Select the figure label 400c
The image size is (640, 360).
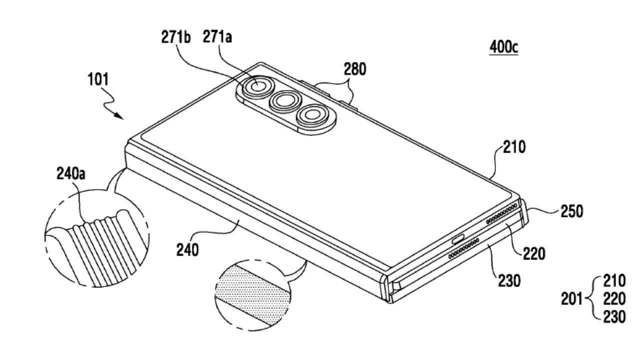pos(504,48)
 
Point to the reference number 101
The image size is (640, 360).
pos(98,79)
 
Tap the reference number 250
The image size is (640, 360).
pos(571,211)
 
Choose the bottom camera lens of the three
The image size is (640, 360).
pos(312,116)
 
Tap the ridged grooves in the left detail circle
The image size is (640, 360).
pos(100,247)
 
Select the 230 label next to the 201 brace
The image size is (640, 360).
pos(614,317)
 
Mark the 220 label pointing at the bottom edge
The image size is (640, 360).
pos(534,254)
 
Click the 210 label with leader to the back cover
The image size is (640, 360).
pos(514,148)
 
